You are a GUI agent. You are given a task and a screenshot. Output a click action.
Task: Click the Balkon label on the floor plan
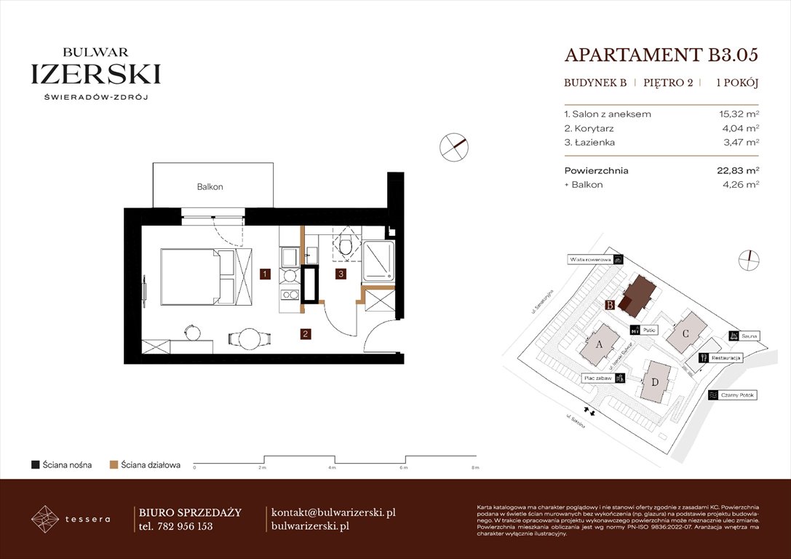[x=210, y=187]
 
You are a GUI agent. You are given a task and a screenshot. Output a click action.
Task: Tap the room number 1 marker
[x=266, y=274]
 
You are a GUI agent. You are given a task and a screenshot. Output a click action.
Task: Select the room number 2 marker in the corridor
[x=306, y=334]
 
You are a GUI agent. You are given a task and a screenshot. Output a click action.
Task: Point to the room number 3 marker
[x=340, y=274]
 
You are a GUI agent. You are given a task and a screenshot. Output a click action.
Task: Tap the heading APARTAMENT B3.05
[x=661, y=55]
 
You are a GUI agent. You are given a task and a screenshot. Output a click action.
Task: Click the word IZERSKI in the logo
[x=96, y=74]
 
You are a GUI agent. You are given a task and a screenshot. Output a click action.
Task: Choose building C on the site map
[x=685, y=333]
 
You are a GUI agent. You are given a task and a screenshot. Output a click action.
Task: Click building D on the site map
[x=655, y=382]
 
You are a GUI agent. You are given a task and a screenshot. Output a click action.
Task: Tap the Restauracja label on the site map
[x=726, y=358]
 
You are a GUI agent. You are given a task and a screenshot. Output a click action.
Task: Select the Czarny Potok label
[x=738, y=395]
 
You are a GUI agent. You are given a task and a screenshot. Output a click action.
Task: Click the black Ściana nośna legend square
[x=35, y=464]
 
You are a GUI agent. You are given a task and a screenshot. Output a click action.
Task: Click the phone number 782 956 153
[x=185, y=526]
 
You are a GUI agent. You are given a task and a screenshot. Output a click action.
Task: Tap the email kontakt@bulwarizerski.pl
[x=333, y=512]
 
